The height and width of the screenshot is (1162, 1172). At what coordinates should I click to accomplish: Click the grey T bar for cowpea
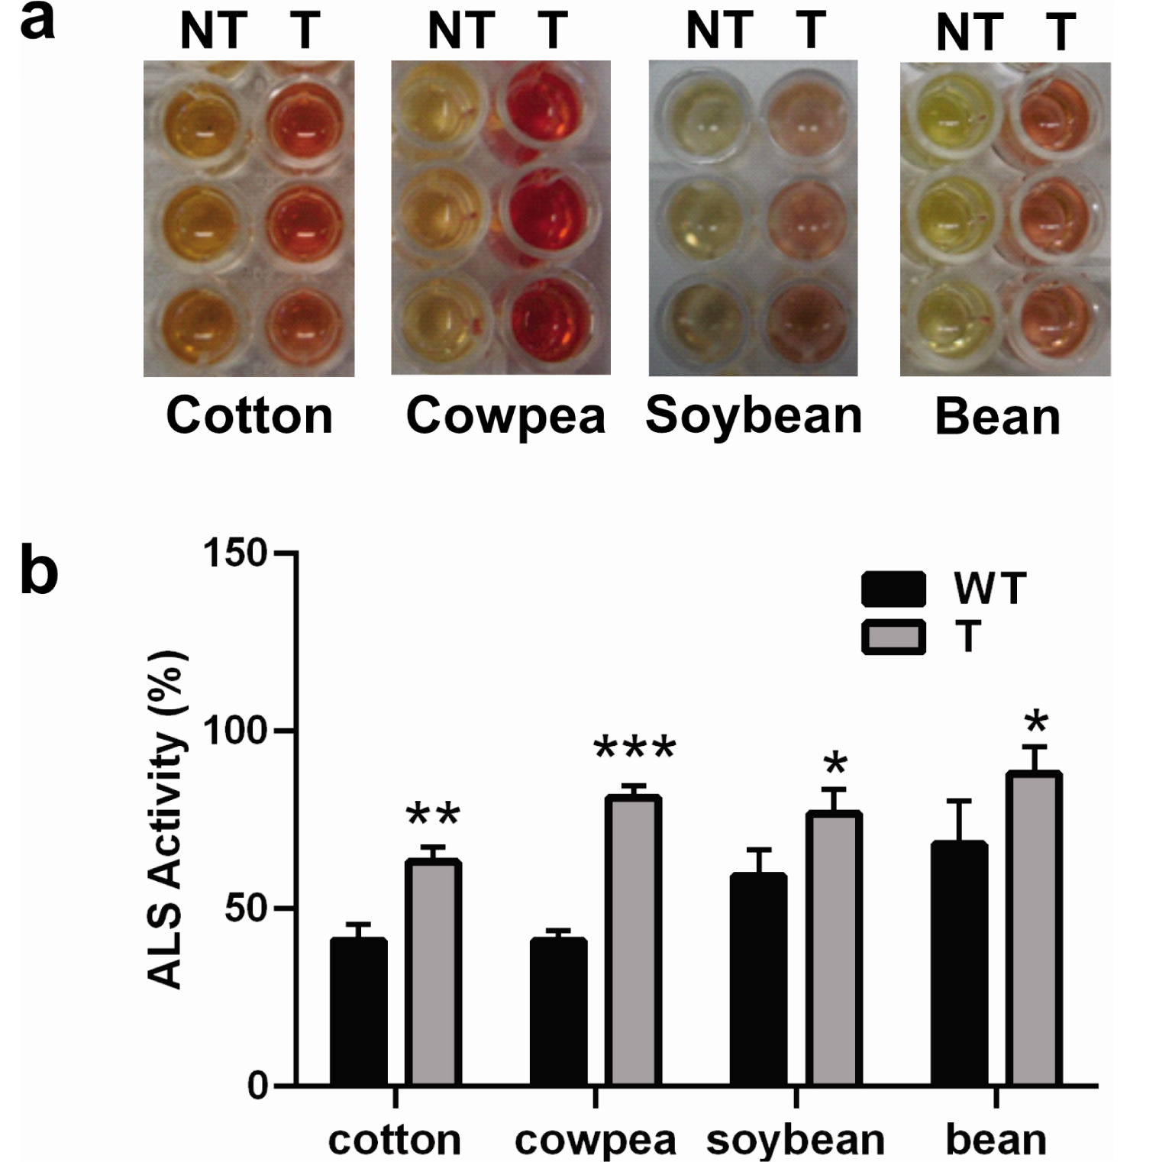[634, 940]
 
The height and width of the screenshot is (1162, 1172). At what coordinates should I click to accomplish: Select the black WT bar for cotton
[358, 1012]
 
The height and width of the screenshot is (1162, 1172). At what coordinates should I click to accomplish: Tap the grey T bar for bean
[1034, 928]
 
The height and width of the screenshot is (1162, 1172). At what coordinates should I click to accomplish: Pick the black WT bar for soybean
[758, 980]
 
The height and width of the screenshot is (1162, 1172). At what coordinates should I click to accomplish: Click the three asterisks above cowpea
[634, 748]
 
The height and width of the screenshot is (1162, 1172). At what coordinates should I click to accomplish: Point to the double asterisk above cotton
[433, 815]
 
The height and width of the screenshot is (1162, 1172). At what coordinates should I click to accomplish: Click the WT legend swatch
[893, 589]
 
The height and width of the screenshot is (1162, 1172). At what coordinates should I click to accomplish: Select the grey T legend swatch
[893, 637]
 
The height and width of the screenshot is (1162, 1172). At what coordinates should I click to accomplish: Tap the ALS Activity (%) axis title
[166, 820]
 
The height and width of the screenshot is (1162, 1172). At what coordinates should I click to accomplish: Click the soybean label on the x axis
[795, 1140]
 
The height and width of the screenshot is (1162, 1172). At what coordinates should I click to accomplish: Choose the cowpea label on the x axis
[595, 1140]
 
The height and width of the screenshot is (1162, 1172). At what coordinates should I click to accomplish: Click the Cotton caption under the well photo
[250, 416]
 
